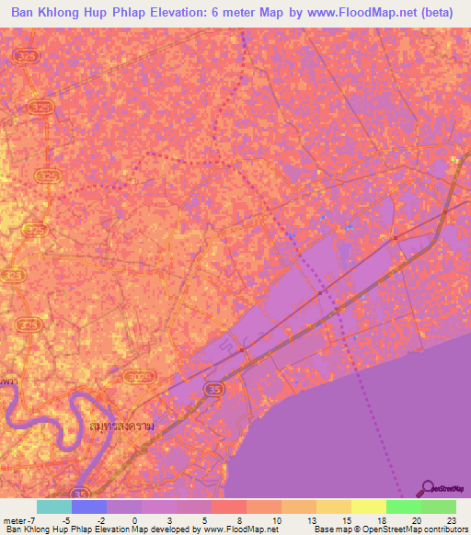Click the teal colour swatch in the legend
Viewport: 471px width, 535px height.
pyautogui.click(x=53, y=507)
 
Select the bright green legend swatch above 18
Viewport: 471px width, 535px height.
pyautogui.click(x=403, y=507)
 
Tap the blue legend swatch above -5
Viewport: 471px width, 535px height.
pyautogui.click(x=88, y=507)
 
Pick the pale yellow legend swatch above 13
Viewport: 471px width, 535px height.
pyautogui.click(x=333, y=507)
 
